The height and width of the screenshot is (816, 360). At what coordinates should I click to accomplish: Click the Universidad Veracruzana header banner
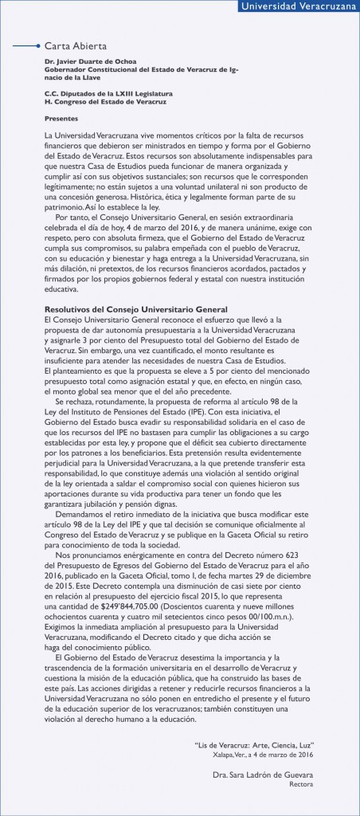[x=299, y=8]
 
